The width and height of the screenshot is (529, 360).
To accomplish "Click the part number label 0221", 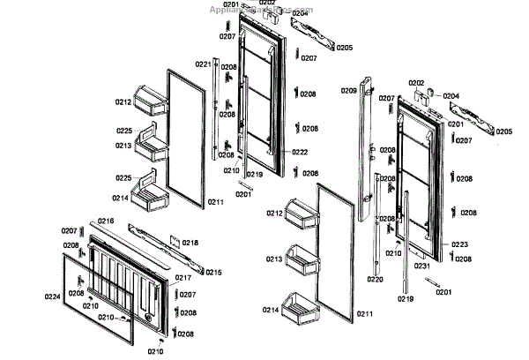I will click(x=203, y=64).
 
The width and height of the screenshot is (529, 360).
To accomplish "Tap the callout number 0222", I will click(x=301, y=152).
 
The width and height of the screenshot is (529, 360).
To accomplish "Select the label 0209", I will click(x=348, y=91).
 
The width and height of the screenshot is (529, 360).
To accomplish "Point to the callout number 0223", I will click(x=460, y=244).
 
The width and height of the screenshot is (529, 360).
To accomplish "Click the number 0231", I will click(x=422, y=266).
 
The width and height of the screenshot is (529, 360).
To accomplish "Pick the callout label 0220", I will click(x=375, y=280).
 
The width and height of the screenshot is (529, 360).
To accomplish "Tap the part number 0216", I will click(x=106, y=221).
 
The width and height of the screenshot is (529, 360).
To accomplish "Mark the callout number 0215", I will click(x=213, y=272).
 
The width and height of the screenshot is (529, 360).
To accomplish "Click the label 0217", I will click(x=183, y=278).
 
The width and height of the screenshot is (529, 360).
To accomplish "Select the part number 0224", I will click(x=52, y=297).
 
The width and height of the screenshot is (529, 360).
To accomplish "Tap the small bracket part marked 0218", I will click(x=175, y=241).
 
